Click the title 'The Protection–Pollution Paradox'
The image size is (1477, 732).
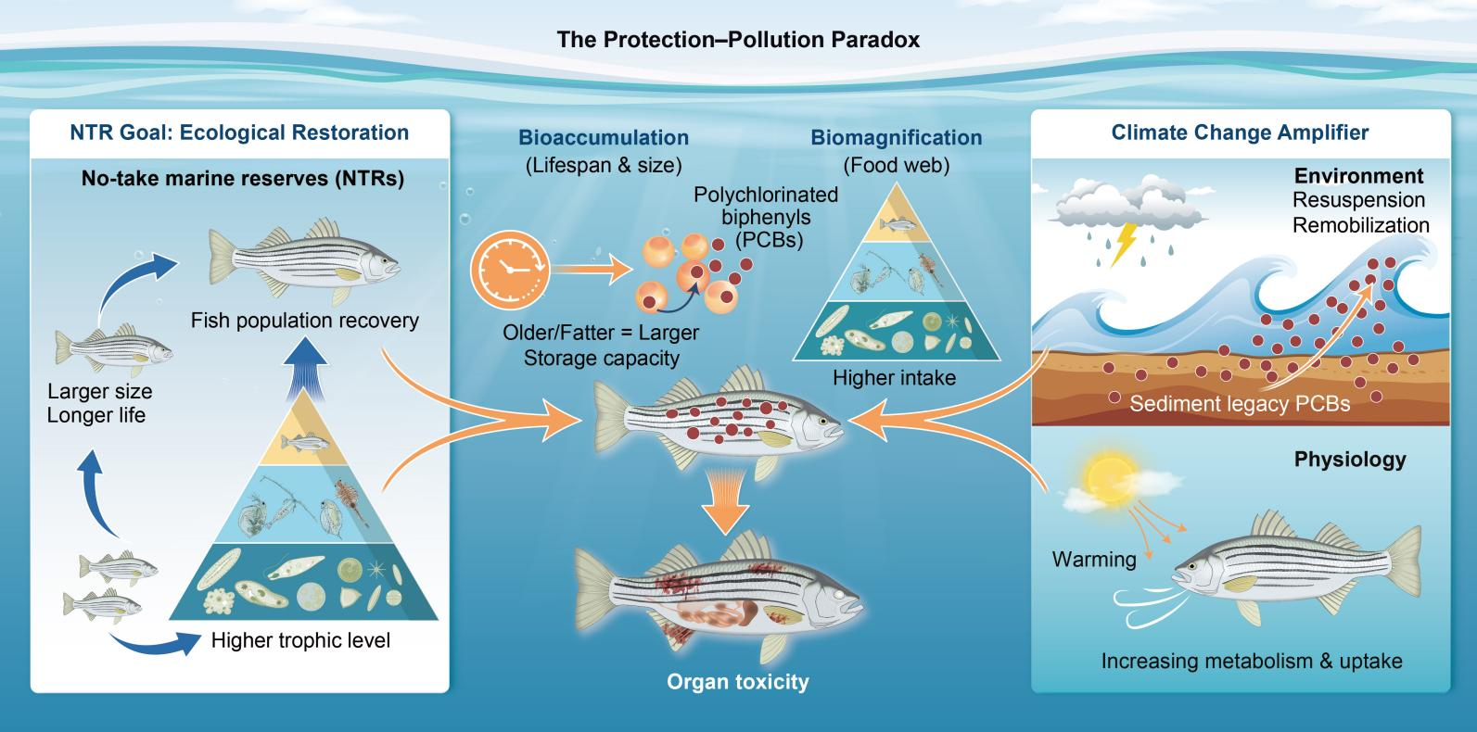point(738,40)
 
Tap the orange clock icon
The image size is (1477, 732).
point(509,266)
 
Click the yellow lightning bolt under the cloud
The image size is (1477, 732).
point(1125,243)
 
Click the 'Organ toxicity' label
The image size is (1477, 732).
point(737,683)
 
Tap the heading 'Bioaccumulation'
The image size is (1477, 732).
point(604,138)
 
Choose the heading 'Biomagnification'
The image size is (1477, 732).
point(896,138)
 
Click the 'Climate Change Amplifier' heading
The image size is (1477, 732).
point(1240,133)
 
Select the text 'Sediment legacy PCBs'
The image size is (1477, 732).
point(1240,404)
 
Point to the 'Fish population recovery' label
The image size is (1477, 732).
point(305,321)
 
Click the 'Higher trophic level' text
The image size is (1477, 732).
point(300,640)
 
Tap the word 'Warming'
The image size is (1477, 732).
point(1093,560)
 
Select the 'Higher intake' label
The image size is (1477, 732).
point(894,378)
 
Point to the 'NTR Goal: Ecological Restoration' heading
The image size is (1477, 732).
point(239,133)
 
